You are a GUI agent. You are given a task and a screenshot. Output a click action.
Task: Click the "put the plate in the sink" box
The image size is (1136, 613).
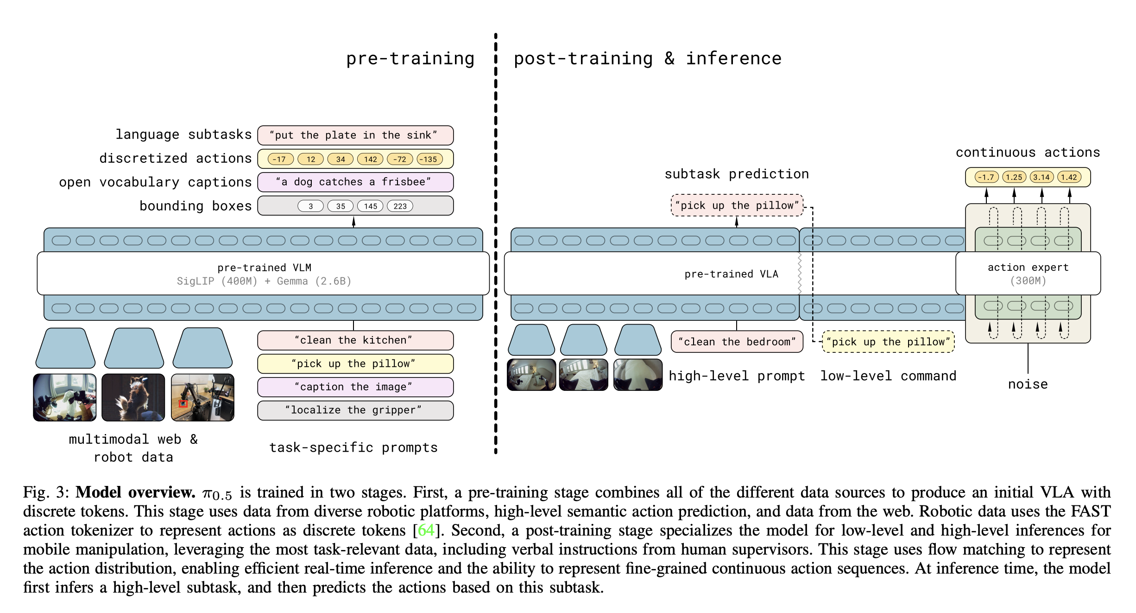point(355,135)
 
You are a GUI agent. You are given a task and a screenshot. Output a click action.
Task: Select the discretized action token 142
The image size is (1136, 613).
point(370,160)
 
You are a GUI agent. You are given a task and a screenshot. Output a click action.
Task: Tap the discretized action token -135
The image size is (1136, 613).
point(429,160)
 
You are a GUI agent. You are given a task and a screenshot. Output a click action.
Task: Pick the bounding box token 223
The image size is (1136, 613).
point(400,206)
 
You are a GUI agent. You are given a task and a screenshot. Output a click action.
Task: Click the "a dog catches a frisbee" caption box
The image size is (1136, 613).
point(355,182)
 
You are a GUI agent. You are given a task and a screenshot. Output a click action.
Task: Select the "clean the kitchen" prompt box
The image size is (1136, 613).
point(355,340)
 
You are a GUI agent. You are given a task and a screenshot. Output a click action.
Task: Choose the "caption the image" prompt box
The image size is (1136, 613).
point(355,387)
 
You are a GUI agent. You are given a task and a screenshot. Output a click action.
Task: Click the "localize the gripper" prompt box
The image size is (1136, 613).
point(355,410)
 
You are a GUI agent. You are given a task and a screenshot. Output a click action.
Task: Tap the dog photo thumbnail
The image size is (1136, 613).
point(133,397)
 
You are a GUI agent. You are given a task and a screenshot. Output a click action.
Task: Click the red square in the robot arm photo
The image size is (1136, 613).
point(183,404)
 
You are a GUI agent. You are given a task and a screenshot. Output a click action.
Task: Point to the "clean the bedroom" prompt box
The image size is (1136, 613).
point(737,342)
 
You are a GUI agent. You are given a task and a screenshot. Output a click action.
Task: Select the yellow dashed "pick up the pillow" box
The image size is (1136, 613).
point(888,342)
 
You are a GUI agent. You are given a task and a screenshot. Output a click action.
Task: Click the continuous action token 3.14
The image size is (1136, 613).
point(1041,177)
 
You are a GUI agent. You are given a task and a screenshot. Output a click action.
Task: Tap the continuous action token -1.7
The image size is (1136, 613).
point(986,177)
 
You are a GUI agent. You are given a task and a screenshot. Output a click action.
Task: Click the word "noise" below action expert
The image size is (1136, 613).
point(1028,384)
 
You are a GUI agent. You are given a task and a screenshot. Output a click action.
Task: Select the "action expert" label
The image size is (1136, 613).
point(1028,268)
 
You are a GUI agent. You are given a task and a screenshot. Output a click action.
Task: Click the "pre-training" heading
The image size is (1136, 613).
point(410,59)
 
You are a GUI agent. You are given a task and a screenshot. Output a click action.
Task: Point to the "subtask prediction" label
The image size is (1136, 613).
point(737,174)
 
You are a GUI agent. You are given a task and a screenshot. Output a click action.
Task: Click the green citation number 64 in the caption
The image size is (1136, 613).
point(426,530)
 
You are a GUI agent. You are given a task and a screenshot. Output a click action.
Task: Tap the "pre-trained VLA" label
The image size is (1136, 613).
point(731,274)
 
